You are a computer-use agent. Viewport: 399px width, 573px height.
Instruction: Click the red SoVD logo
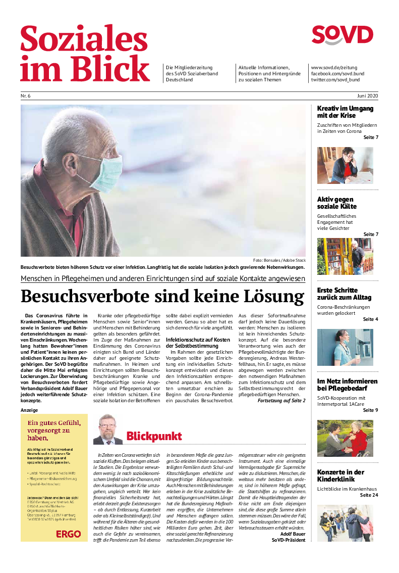[342, 35]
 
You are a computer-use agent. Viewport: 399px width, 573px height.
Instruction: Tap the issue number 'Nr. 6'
[25, 96]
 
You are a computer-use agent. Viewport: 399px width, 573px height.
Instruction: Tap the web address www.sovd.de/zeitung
[334, 67]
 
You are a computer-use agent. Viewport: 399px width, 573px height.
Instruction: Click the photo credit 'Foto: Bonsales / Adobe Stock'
[279, 260]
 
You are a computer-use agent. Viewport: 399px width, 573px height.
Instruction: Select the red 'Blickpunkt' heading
[154, 436]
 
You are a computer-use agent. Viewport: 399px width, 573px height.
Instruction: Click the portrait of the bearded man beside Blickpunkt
[107, 429]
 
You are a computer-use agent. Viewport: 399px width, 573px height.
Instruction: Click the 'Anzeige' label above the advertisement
[29, 410]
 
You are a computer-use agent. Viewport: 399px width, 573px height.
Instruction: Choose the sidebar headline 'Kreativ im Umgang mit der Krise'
[345, 112]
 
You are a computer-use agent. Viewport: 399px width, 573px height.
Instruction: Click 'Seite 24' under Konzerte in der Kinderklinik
[369, 495]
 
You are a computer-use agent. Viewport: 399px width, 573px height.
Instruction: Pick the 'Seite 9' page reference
[370, 410]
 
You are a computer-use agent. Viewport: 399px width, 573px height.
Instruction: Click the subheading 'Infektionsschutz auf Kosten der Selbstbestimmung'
[197, 343]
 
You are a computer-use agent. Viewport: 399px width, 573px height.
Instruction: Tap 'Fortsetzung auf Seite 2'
[281, 401]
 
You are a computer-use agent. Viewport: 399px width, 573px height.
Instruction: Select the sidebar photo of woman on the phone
[345, 165]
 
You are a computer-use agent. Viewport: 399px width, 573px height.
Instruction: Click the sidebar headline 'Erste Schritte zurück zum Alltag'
[344, 294]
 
